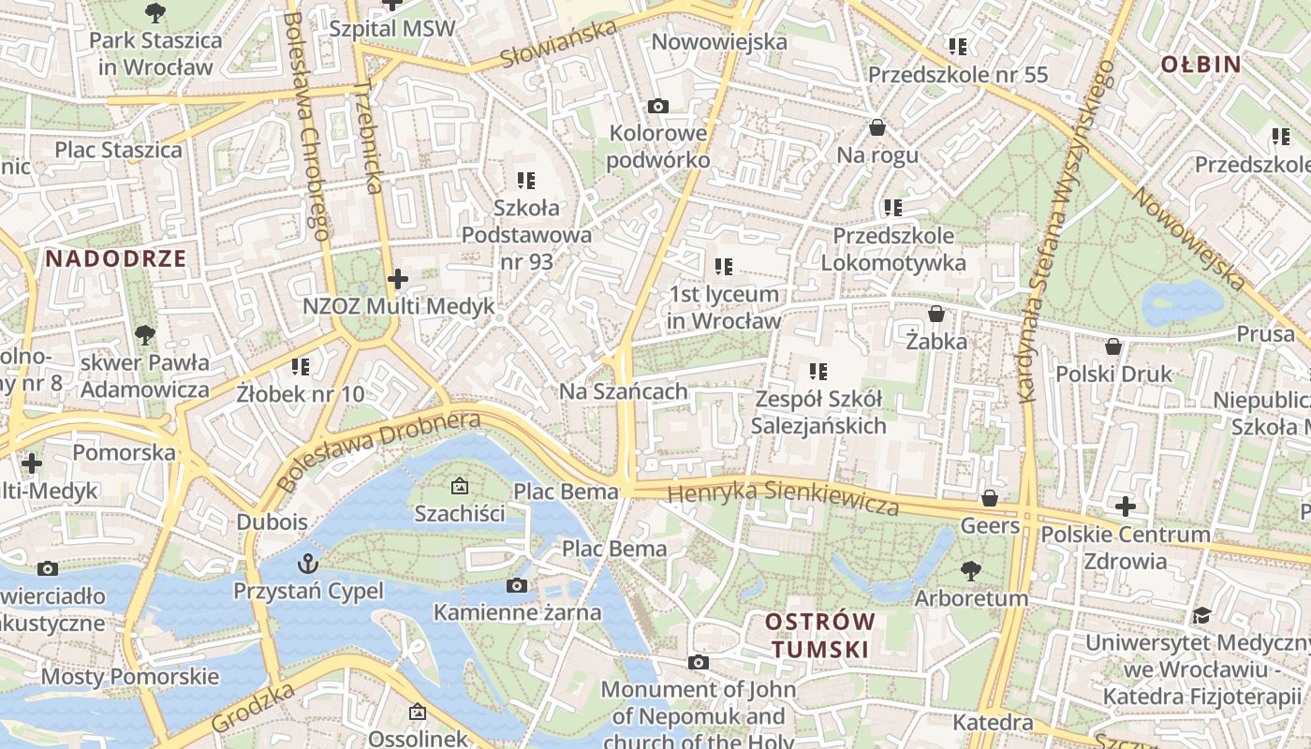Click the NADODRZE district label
[x=116, y=259]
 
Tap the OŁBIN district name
[x=1201, y=65]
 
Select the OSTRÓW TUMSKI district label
[x=820, y=635]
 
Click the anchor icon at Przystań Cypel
[x=307, y=564]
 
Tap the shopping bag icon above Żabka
[x=935, y=315]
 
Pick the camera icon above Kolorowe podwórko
[x=658, y=106]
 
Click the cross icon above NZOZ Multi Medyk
[x=398, y=279]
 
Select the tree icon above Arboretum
[x=971, y=570]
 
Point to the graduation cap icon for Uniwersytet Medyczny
[x=1201, y=615]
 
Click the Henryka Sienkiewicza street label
[x=784, y=498]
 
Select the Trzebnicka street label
[x=369, y=136]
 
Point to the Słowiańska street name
[x=558, y=44]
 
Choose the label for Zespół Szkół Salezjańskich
[x=818, y=413]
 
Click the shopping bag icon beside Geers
[x=990, y=498]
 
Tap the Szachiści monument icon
[x=459, y=486]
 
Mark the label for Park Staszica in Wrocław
[x=155, y=53]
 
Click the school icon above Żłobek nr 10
[x=300, y=366]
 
